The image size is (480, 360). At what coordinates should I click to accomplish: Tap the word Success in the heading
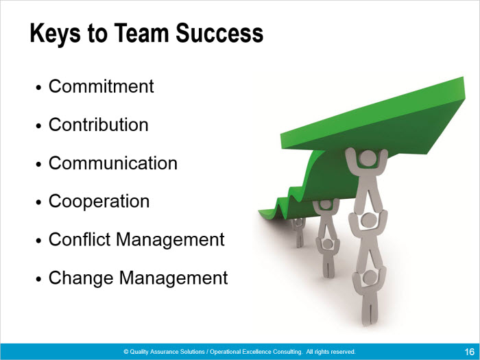pos(219,33)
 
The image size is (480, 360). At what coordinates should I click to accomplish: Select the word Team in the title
pos(141,33)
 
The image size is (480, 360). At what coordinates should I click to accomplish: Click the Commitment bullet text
pos(101,86)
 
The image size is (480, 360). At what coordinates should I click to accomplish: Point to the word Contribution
pos(98,125)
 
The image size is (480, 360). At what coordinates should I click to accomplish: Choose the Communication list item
pos(113,163)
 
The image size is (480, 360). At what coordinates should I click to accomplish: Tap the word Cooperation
pos(99,202)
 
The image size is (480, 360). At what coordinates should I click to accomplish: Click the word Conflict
pos(80,239)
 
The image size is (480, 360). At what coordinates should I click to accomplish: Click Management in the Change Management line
pos(173,278)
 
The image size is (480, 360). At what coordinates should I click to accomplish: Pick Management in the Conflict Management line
pos(170,240)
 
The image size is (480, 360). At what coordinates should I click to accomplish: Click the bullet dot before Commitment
pos(38,88)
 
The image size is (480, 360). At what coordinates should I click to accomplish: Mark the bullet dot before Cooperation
pos(38,203)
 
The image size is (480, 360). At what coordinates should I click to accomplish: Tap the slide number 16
pos(469,352)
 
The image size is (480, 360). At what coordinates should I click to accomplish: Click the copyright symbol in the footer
pos(125,352)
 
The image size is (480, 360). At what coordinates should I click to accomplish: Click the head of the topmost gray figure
pos(368,158)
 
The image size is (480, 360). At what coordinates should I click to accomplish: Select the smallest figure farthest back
pos(298,232)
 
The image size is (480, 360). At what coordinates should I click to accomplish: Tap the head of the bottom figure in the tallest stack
pos(370,277)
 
